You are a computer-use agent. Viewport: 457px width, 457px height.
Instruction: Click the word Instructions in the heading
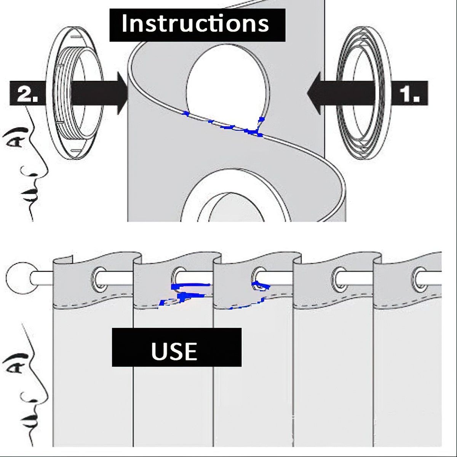[x=195, y=24]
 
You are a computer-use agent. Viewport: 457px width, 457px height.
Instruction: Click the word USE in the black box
[x=174, y=351]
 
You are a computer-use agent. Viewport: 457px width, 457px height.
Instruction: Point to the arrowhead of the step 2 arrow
[x=121, y=93]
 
